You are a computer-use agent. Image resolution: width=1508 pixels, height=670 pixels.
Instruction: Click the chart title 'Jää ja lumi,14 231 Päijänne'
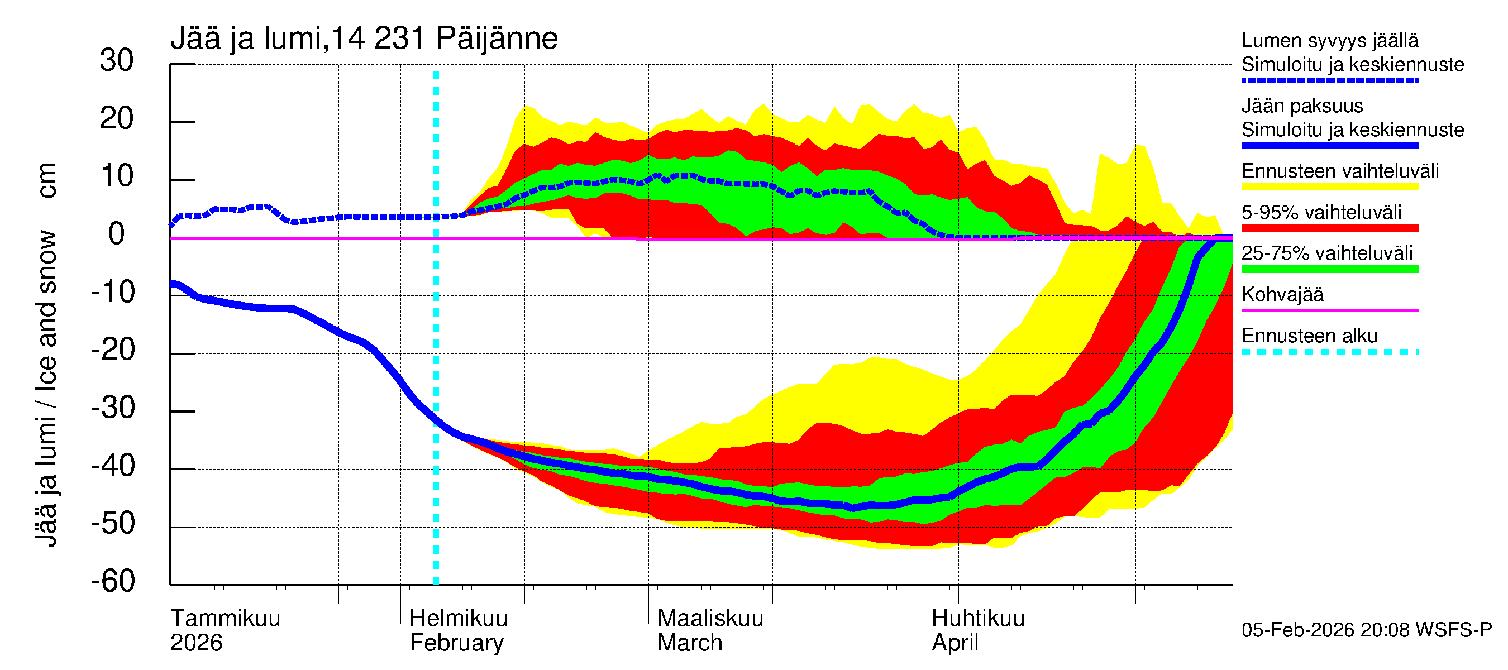tap(364, 39)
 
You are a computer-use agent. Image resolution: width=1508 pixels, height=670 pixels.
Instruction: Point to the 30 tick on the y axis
tap(117, 60)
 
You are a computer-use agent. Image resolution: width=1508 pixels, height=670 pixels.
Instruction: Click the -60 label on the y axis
tap(113, 581)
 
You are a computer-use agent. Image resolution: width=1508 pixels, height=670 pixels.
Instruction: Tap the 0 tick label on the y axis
tap(117, 234)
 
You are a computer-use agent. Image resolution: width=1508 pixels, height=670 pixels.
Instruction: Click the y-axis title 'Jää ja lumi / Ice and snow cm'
tap(46, 355)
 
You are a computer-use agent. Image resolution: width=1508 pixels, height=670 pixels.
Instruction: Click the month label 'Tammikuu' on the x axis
tap(226, 618)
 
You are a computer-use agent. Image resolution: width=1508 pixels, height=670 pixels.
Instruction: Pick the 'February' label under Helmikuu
tap(457, 643)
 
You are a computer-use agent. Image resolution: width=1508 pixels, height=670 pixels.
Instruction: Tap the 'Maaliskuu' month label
tap(710, 618)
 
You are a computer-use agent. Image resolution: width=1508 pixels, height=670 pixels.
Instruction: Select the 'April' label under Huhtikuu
tap(955, 643)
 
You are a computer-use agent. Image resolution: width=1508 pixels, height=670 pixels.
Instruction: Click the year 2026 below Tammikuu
tap(196, 643)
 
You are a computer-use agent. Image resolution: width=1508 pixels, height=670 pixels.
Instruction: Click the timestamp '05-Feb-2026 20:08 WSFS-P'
tap(1366, 630)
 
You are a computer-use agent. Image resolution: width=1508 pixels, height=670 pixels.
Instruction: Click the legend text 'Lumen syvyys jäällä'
tap(1330, 40)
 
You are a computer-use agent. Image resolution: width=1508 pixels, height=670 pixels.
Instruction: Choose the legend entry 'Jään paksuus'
tap(1302, 106)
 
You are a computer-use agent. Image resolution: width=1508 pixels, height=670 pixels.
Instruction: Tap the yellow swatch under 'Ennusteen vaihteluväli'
tap(1330, 186)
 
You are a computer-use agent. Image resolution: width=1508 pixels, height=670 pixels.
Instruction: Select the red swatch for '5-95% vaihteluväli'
tap(1330, 228)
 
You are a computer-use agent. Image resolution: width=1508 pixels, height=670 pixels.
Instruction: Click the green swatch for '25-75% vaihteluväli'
tap(1330, 269)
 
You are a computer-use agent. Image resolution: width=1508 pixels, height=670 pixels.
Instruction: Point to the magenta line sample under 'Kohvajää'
tap(1330, 310)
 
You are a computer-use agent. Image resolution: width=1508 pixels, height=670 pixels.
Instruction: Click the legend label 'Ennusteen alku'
tap(1310, 336)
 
